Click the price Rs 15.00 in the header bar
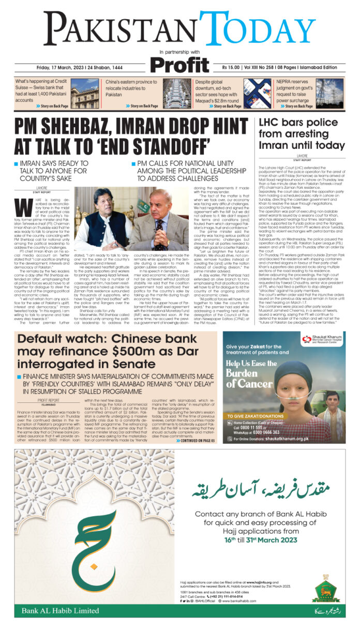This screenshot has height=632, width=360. pyautogui.click(x=234, y=68)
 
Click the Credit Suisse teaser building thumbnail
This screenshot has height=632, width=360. pyautogui.click(x=85, y=93)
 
